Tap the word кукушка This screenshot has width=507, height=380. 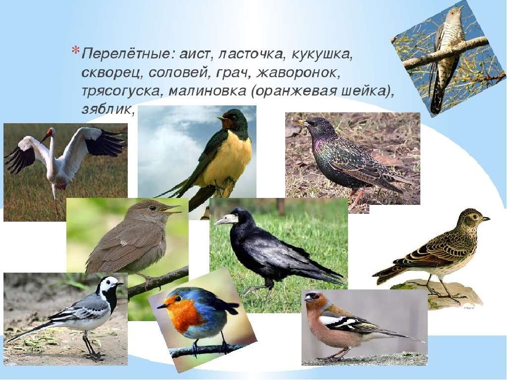tap(321, 54)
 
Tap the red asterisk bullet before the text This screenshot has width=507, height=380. tap(75, 51)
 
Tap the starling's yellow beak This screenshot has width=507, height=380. tap(301, 122)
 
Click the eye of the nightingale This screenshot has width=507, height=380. tap(151, 208)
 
